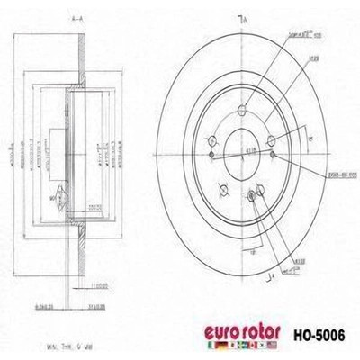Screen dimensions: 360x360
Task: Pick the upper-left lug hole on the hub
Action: coord(211,139)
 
